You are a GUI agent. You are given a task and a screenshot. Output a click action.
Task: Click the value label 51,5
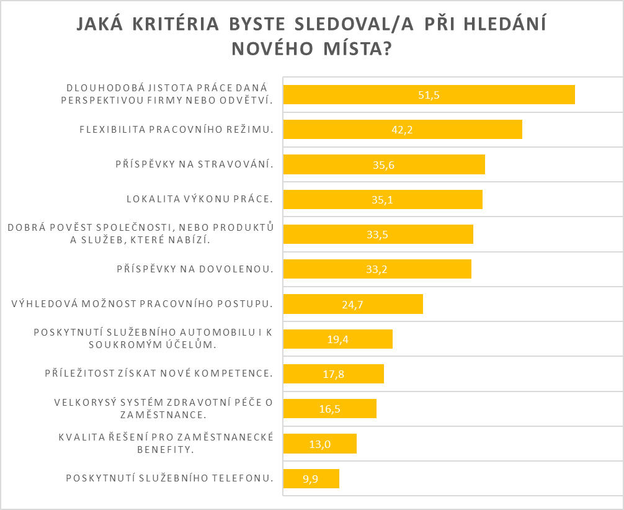429,95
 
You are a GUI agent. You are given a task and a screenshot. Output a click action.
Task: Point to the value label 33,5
378,235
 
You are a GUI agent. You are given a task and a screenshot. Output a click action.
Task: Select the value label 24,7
352,304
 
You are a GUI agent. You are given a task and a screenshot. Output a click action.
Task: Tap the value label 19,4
337,339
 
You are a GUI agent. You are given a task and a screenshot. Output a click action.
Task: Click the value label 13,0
319,444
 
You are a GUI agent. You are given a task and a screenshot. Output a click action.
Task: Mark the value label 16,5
329,409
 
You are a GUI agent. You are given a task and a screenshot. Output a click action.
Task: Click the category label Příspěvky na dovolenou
195,269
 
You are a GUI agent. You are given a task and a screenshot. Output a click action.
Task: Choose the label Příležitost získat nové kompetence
159,374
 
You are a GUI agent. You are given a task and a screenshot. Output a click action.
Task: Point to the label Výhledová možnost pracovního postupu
143,304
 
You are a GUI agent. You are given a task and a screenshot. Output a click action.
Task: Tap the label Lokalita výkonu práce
200,199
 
